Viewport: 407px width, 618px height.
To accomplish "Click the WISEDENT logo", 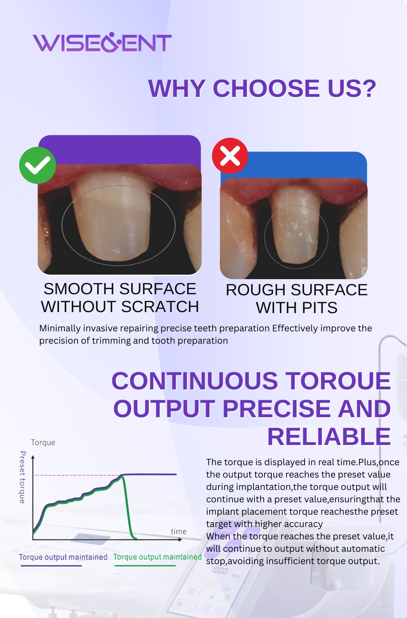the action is pos(102,43).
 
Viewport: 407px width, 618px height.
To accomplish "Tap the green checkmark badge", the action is pos(37,165).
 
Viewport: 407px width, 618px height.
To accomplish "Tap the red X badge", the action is pos(230,156).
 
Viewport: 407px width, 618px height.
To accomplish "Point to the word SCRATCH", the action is pos(160,307).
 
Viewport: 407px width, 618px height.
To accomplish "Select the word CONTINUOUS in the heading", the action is pos(195,381).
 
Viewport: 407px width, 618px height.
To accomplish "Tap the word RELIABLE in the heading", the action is pos(329,437).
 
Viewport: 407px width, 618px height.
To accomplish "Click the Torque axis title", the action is pos(43,443).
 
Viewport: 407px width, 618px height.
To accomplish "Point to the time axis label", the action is pos(179,531).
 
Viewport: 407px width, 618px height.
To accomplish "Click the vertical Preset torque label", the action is pos(22,477).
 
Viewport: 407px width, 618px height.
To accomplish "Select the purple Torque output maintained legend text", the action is pos(63,557).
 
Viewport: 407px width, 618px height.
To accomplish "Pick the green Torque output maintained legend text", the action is pos(157,557).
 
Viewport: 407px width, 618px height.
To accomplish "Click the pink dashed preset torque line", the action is pos(76,476).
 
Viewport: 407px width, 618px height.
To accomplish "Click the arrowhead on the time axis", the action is pos(180,539).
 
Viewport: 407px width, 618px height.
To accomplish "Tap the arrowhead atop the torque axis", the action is pos(33,457).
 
